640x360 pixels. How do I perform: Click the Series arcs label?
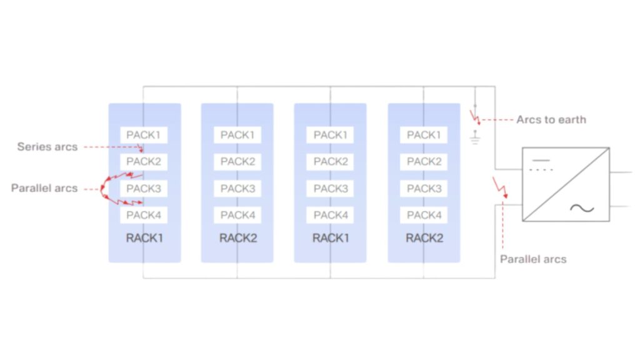(x=47, y=147)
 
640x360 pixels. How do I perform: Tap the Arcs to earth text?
(x=551, y=119)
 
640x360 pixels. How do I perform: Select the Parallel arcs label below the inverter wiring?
(x=532, y=259)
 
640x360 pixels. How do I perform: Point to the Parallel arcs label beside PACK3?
(x=44, y=187)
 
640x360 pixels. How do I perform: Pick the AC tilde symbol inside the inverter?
(x=582, y=208)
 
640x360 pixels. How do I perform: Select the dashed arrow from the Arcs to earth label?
(x=497, y=119)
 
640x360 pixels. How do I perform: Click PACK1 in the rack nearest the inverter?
(x=424, y=135)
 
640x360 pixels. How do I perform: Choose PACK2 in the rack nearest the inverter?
(x=424, y=161)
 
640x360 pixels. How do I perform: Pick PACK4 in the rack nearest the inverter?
(x=424, y=215)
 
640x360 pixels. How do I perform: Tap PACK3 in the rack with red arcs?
(x=144, y=188)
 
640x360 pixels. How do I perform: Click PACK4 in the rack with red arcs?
(x=144, y=215)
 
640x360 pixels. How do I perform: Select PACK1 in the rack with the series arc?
(x=144, y=135)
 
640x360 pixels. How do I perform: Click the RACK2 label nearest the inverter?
(x=424, y=238)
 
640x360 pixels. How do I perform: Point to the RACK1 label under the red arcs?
(x=144, y=238)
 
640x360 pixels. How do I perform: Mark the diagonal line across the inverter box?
(x=566, y=184)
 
